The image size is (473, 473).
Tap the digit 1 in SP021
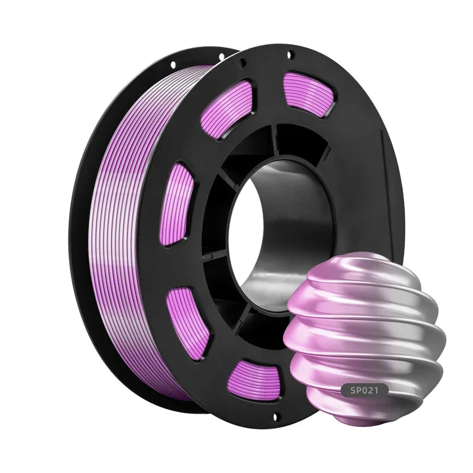point(383,390)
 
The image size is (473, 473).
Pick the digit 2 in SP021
point(376,390)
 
